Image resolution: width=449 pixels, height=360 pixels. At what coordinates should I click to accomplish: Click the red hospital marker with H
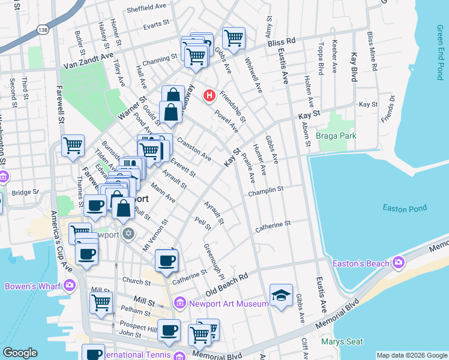pos(209,95)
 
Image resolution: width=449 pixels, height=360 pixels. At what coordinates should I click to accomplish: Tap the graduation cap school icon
pos(281,296)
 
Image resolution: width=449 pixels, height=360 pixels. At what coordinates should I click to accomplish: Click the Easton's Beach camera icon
pos(398,262)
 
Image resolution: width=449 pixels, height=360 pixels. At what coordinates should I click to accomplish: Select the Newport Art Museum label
pos(228,304)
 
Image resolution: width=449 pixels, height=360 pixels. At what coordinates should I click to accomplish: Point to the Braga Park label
pos(336,136)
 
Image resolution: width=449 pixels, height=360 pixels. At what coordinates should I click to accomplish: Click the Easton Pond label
pos(405,208)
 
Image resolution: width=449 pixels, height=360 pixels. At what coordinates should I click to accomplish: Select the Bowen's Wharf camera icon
pos(71,286)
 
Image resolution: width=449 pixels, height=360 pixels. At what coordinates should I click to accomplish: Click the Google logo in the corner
pos(20,353)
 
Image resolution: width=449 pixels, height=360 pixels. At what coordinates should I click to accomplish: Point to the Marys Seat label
pos(342,342)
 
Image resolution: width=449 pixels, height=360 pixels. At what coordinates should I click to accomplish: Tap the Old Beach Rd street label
pos(227,285)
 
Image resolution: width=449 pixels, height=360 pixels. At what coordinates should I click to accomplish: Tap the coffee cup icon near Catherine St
pos(166,260)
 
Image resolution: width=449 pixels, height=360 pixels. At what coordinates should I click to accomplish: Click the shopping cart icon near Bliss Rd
pos(234,38)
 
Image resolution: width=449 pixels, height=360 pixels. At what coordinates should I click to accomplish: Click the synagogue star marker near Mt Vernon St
pos(127,233)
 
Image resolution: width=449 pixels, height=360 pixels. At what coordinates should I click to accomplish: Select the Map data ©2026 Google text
pos(411,355)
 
